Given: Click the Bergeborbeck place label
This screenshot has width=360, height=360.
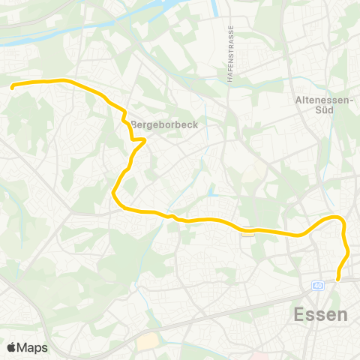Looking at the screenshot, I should (164, 125).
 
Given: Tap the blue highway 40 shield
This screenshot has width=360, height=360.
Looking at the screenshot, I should (319, 286).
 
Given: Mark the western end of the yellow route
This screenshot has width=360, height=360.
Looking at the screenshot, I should (12, 87).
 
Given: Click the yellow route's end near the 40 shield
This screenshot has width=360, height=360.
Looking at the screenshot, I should (338, 279).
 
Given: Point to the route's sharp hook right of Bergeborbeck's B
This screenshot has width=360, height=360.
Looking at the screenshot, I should (143, 139).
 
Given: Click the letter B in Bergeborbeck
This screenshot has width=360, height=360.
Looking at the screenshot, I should (134, 125).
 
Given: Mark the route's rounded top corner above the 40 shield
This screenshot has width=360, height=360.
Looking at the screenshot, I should (338, 218).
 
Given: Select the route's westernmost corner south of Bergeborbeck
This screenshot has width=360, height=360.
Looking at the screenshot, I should (114, 194).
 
